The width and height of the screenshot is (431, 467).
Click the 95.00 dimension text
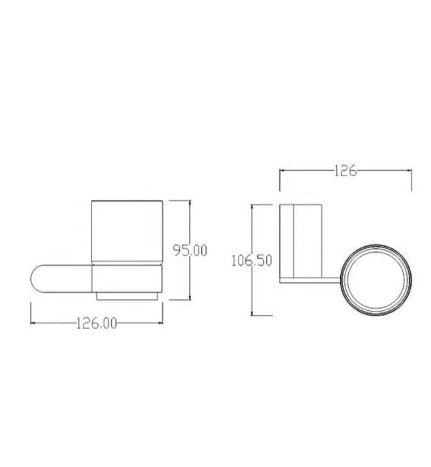pyautogui.click(x=190, y=251)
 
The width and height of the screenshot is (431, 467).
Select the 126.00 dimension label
pyautogui.click(x=96, y=324)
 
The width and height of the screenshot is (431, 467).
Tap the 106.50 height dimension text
pyautogui.click(x=251, y=261)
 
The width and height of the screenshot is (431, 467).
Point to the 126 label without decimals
pyautogui.click(x=344, y=171)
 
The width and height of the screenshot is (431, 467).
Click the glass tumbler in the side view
pyautogui.click(x=127, y=230)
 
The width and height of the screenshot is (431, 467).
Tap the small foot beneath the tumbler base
pyautogui.click(x=127, y=295)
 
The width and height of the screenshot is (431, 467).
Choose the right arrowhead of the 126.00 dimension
pyautogui.click(x=160, y=324)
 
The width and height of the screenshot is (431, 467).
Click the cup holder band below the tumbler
pyautogui.click(x=127, y=278)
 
